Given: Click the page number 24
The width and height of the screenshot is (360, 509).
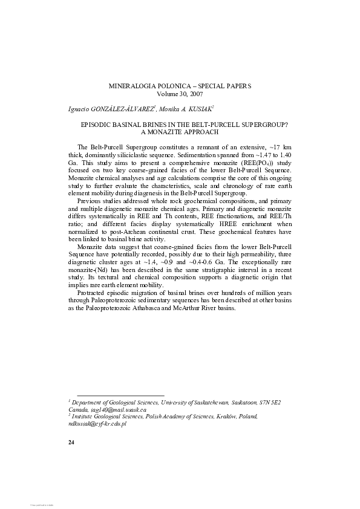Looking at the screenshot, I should (x=71, y=443).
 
